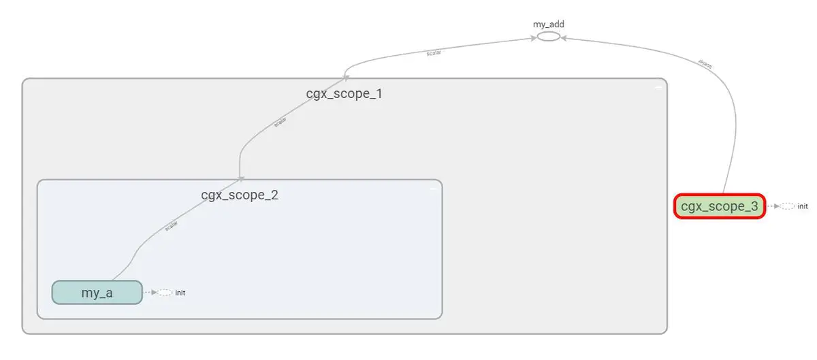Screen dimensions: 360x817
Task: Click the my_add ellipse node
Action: pyautogui.click(x=548, y=36)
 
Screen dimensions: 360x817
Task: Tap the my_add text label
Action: pyautogui.click(x=548, y=24)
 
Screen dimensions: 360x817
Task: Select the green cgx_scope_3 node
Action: pyautogui.click(x=720, y=206)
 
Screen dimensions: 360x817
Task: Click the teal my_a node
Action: pyautogui.click(x=97, y=293)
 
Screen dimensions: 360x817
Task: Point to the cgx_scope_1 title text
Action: pyautogui.click(x=344, y=93)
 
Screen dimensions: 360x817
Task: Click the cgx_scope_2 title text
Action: pyautogui.click(x=240, y=195)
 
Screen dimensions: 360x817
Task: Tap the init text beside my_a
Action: pyautogui.click(x=180, y=293)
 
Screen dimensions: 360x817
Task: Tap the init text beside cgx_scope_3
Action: pyautogui.click(x=803, y=206)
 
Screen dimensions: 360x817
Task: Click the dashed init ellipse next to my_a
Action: pyautogui.click(x=164, y=293)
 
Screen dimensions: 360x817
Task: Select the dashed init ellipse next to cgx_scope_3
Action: pyautogui.click(x=787, y=206)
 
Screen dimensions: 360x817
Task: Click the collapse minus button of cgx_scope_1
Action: pyautogui.click(x=658, y=88)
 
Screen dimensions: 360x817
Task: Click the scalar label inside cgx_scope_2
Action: pyautogui.click(x=172, y=225)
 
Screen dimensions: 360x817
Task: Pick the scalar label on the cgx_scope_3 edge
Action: pyautogui.click(x=706, y=65)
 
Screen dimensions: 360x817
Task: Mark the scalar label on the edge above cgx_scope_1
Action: pyautogui.click(x=434, y=52)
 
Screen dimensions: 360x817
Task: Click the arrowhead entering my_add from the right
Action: pyautogui.click(x=563, y=39)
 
